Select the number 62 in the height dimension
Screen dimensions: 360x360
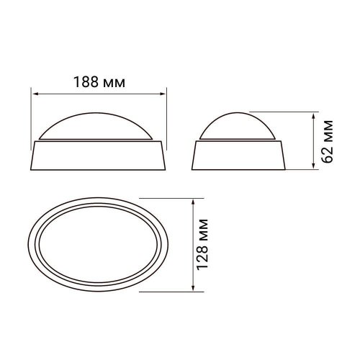click(x=330, y=158)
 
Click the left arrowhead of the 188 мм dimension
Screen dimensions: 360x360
click(x=34, y=92)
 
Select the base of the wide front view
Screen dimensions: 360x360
click(x=99, y=155)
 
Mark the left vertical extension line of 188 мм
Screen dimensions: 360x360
click(x=31, y=115)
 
